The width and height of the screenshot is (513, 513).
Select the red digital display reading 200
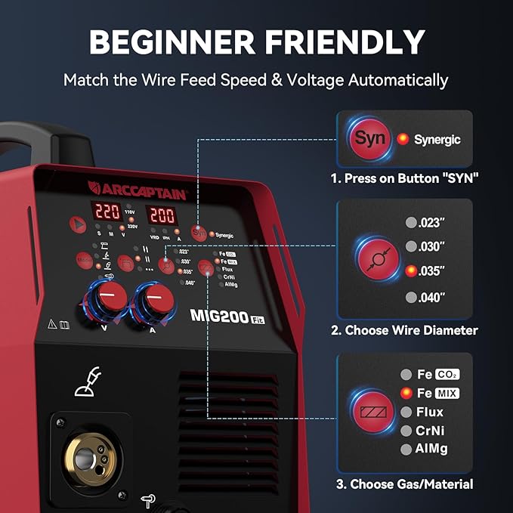pyautogui.click(x=160, y=214)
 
